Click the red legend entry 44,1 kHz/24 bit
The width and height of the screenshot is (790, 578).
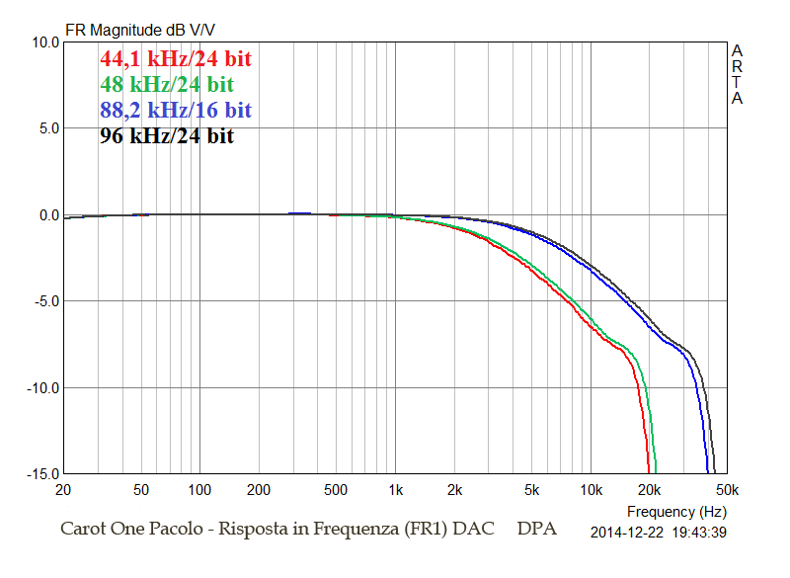[x=175, y=58]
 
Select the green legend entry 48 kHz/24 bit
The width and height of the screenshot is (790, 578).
[x=166, y=84]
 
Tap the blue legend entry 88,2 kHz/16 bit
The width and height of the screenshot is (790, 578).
[x=175, y=110]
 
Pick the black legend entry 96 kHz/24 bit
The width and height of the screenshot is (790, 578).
[x=166, y=136]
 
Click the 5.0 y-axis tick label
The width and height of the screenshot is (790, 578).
[x=46, y=128]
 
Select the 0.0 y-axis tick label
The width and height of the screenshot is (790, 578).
[x=46, y=215]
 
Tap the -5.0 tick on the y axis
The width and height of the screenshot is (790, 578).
[x=44, y=301]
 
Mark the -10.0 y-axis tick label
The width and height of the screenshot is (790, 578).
[x=40, y=387]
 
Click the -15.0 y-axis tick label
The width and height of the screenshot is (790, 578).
[x=40, y=473]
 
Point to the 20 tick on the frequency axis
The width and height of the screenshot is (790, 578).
[x=64, y=490]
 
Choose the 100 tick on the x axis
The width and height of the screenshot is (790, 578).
[x=200, y=490]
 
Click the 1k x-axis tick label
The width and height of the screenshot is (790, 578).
[x=396, y=490]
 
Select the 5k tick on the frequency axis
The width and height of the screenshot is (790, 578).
[x=532, y=490]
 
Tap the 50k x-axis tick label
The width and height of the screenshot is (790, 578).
[x=728, y=490]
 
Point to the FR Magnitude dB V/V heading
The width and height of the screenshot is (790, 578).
[x=141, y=30]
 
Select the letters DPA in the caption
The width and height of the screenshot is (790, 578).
[x=536, y=529]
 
